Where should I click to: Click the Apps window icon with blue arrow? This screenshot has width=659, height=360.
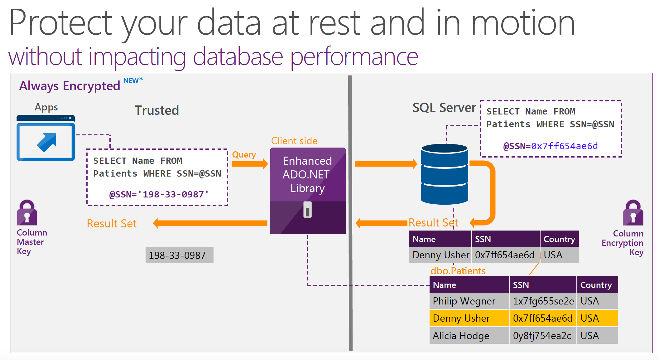(x=46, y=139)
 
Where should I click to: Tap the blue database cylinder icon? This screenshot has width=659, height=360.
(x=444, y=174)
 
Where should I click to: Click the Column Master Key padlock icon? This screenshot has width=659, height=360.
(x=27, y=213)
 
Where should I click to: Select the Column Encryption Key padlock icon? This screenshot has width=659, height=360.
(x=633, y=213)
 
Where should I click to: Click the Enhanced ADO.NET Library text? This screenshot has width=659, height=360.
(x=307, y=175)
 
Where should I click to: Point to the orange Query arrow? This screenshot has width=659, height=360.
(x=249, y=164)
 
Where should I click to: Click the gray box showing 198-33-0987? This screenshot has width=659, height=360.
(x=179, y=255)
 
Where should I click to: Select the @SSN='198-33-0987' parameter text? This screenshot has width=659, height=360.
(x=159, y=194)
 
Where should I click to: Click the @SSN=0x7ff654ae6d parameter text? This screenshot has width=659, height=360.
(x=551, y=146)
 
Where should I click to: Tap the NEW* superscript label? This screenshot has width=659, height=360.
(x=133, y=80)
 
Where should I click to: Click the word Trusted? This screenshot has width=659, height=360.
(x=157, y=110)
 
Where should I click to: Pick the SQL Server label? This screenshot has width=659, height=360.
(x=444, y=108)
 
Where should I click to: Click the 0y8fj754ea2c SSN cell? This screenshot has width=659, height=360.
(x=542, y=336)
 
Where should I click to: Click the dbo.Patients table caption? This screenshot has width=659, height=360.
(x=458, y=271)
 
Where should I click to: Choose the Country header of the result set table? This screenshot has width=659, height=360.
(x=559, y=239)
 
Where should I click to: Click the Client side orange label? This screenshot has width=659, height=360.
(x=294, y=141)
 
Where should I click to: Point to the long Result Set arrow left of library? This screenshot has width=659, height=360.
(x=210, y=223)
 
